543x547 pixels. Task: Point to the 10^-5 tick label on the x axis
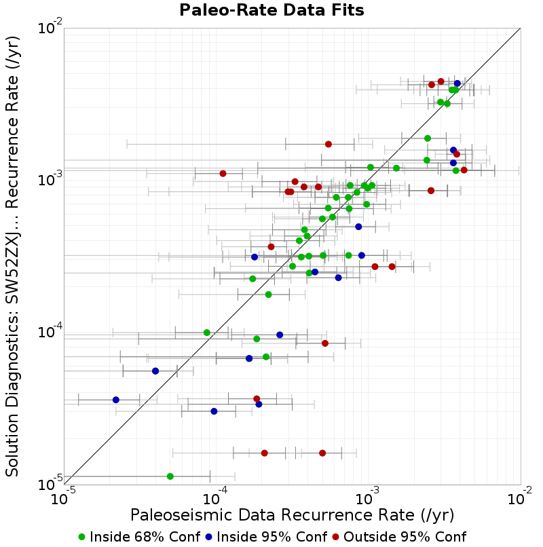[63, 496]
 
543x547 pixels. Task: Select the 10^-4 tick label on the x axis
[215, 496]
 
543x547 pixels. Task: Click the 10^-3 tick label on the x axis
[367, 496]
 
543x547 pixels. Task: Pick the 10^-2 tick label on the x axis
[520, 496]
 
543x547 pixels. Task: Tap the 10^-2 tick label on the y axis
[50, 26]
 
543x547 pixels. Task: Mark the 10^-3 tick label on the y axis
[50, 179]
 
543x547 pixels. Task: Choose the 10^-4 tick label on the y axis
[50, 331]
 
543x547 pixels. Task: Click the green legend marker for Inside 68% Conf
[82, 537]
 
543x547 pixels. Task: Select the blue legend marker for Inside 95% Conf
[209, 537]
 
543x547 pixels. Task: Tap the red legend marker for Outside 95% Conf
[336, 537]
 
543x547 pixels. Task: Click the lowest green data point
[170, 476]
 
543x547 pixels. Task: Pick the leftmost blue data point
[116, 400]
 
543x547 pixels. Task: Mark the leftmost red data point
[223, 173]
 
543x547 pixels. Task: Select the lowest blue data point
[214, 411]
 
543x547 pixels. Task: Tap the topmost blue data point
[457, 83]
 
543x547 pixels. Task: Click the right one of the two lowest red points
[322, 453]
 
